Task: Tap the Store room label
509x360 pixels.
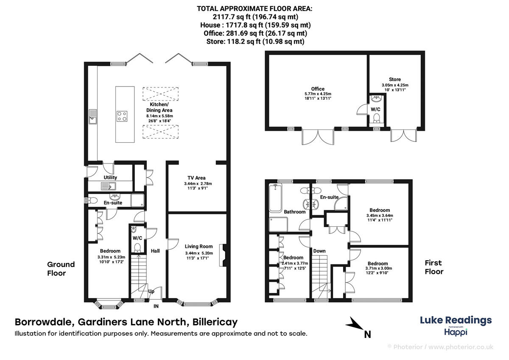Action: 394,79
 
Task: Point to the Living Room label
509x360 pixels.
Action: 199,246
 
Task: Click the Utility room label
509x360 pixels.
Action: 110,177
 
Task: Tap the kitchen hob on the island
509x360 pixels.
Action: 123,116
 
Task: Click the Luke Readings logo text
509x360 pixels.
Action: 456,320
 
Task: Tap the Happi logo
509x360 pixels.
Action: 456,332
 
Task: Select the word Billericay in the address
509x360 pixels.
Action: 215,322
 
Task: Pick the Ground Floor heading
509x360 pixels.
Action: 61,269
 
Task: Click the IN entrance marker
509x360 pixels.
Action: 156,305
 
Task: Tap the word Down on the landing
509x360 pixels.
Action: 319,251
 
